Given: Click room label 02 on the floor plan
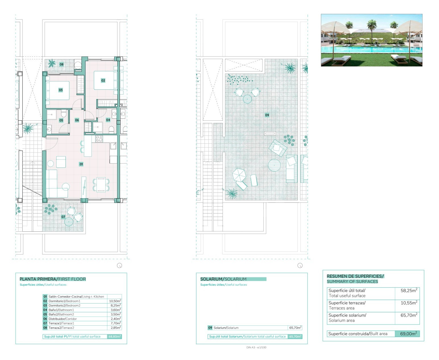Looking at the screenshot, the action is (x=103, y=80).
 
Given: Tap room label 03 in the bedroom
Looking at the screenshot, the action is (x=61, y=90).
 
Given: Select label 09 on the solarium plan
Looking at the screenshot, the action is (x=267, y=115).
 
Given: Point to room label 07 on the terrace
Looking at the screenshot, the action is (x=63, y=217).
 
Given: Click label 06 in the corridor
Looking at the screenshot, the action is (x=77, y=120).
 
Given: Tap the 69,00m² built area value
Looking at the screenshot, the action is (x=409, y=334).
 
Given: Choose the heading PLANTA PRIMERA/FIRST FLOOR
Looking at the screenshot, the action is (x=53, y=279).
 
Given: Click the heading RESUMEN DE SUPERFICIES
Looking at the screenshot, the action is (x=355, y=276).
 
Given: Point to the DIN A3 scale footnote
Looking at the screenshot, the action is (x=256, y=347).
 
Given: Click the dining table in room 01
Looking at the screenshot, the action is (x=101, y=185).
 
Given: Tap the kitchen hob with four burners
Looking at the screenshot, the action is (x=99, y=139).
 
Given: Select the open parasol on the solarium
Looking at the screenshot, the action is (x=239, y=175).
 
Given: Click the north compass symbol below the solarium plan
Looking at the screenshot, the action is (x=300, y=265).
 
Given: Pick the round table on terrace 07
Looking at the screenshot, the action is (x=69, y=222).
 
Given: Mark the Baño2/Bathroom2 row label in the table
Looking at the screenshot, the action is (x=61, y=314).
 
